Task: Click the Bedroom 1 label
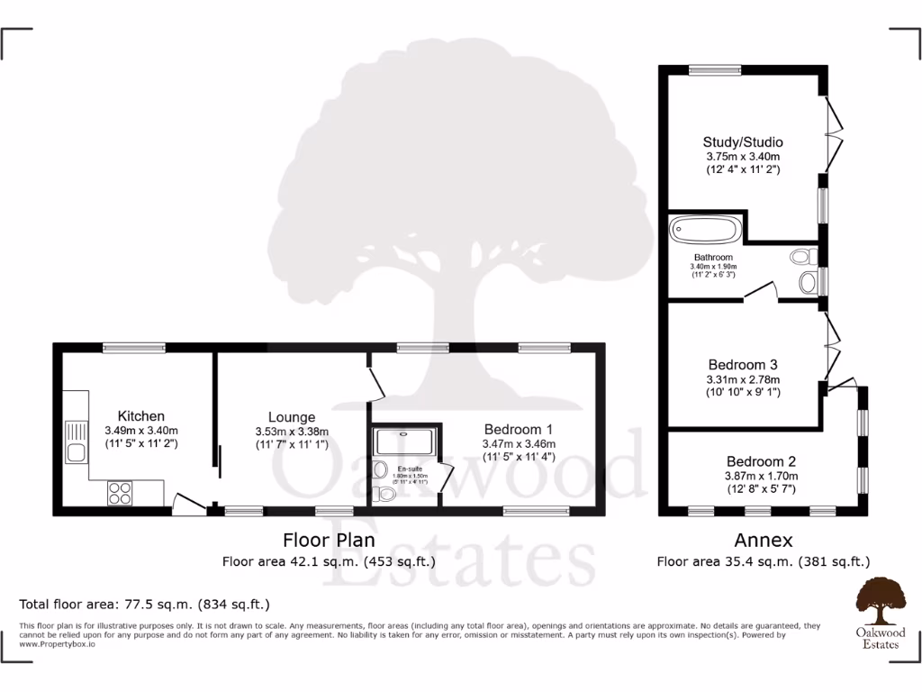(518, 429)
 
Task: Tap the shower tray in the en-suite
(403, 441)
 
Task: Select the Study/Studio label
(742, 142)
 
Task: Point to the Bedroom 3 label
(742, 365)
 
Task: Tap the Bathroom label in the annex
(713, 258)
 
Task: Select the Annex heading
(763, 541)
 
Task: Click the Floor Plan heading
(329, 541)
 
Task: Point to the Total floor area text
(144, 604)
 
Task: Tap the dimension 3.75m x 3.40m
(742, 156)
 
